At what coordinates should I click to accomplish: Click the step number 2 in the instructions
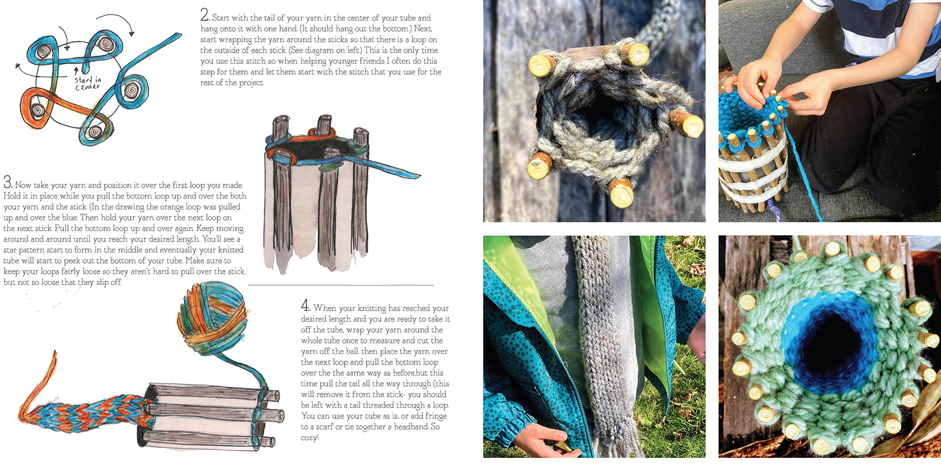click(x=204, y=15)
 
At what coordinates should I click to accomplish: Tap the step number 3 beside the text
click(x=7, y=182)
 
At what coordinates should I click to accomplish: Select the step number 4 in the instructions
click(x=305, y=305)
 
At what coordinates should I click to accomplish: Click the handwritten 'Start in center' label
click(x=87, y=83)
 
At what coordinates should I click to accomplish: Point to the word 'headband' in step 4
click(x=408, y=427)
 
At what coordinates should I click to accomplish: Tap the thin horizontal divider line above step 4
click(x=340, y=285)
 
